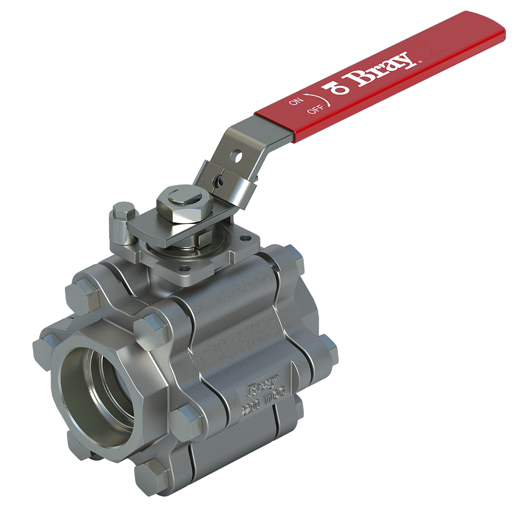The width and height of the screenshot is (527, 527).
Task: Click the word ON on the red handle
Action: click(297, 101)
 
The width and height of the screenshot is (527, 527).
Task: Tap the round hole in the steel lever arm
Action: click(236, 156)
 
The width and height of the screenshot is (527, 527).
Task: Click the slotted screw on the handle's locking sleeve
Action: click(220, 181)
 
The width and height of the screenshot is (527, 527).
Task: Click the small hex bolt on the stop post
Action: click(124, 210)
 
